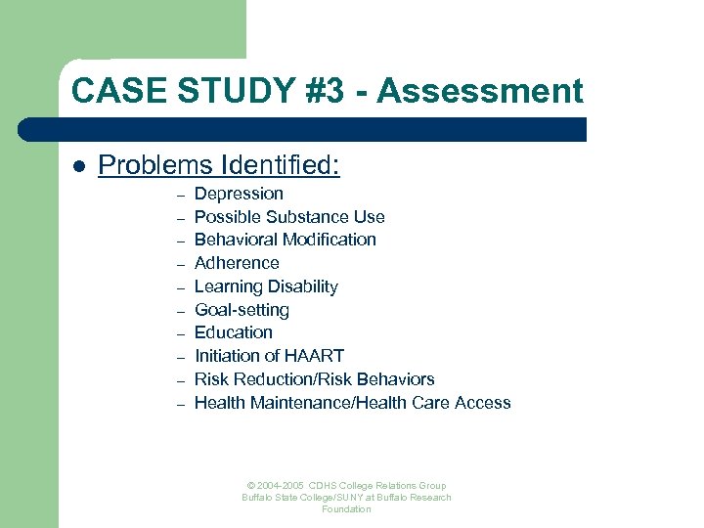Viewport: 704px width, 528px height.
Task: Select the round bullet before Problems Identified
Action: click(79, 167)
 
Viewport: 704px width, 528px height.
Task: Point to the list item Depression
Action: click(239, 194)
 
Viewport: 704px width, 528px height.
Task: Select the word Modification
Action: click(329, 240)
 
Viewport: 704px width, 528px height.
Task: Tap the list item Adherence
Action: click(237, 263)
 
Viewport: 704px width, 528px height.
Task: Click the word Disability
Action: click(303, 286)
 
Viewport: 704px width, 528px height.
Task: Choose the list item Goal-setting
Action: click(242, 310)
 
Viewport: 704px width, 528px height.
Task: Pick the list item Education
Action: click(234, 332)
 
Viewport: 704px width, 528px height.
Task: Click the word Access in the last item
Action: click(482, 403)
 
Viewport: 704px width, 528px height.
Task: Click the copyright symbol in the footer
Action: click(251, 486)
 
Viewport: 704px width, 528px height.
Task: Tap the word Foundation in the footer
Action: click(346, 509)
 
